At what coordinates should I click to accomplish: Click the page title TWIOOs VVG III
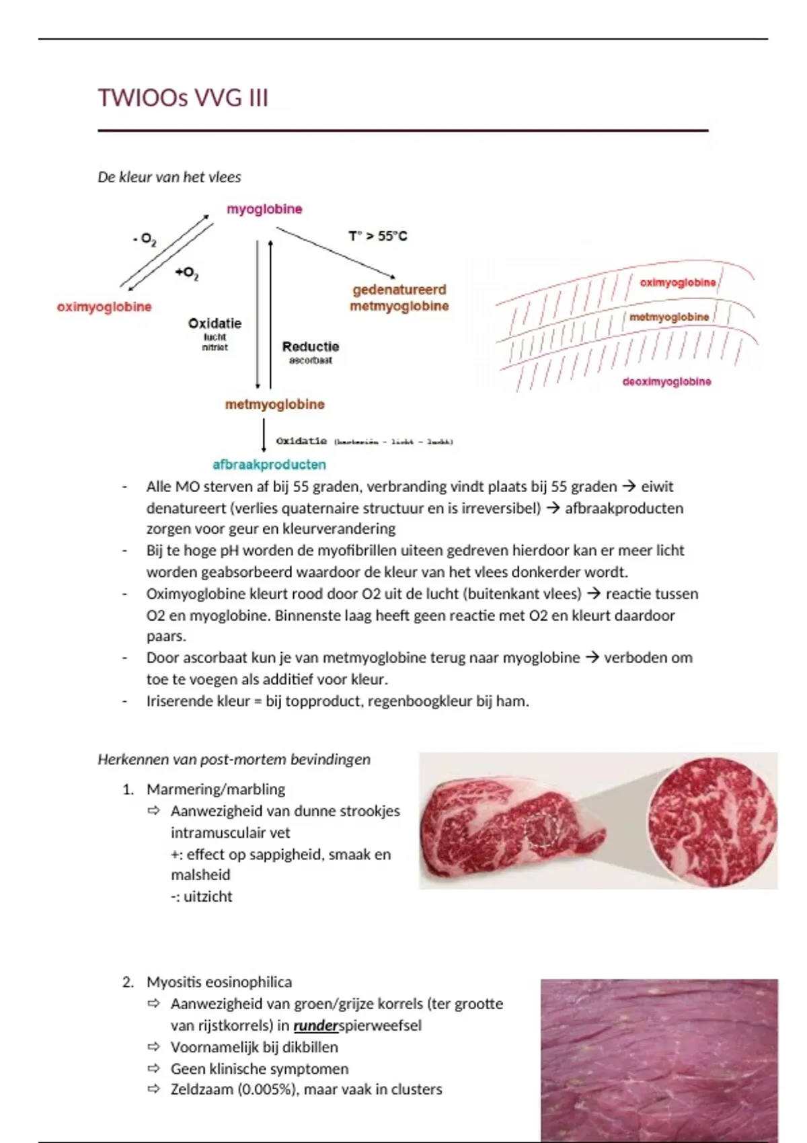pyautogui.click(x=183, y=98)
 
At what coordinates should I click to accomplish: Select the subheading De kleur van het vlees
pyautogui.click(x=169, y=178)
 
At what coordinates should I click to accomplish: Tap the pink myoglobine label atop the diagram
pyautogui.click(x=264, y=209)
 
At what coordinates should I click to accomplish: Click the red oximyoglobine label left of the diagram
pyautogui.click(x=104, y=307)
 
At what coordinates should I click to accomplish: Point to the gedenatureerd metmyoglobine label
pyautogui.click(x=399, y=298)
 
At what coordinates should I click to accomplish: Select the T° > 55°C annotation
pyautogui.click(x=377, y=236)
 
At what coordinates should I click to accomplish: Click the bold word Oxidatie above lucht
pyautogui.click(x=215, y=323)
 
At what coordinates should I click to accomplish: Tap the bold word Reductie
pyautogui.click(x=311, y=347)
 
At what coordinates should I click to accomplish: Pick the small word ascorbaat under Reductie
pyautogui.click(x=311, y=360)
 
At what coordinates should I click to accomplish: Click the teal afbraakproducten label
pyautogui.click(x=269, y=465)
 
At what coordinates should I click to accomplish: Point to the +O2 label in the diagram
pyautogui.click(x=186, y=273)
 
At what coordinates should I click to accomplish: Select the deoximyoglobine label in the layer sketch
pyautogui.click(x=666, y=382)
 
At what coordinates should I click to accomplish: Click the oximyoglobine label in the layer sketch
pyautogui.click(x=677, y=283)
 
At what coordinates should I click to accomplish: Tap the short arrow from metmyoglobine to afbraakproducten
pyautogui.click(x=264, y=436)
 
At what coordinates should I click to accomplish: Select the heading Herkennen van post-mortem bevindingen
pyautogui.click(x=234, y=760)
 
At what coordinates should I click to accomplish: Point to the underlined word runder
pyautogui.click(x=315, y=1026)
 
